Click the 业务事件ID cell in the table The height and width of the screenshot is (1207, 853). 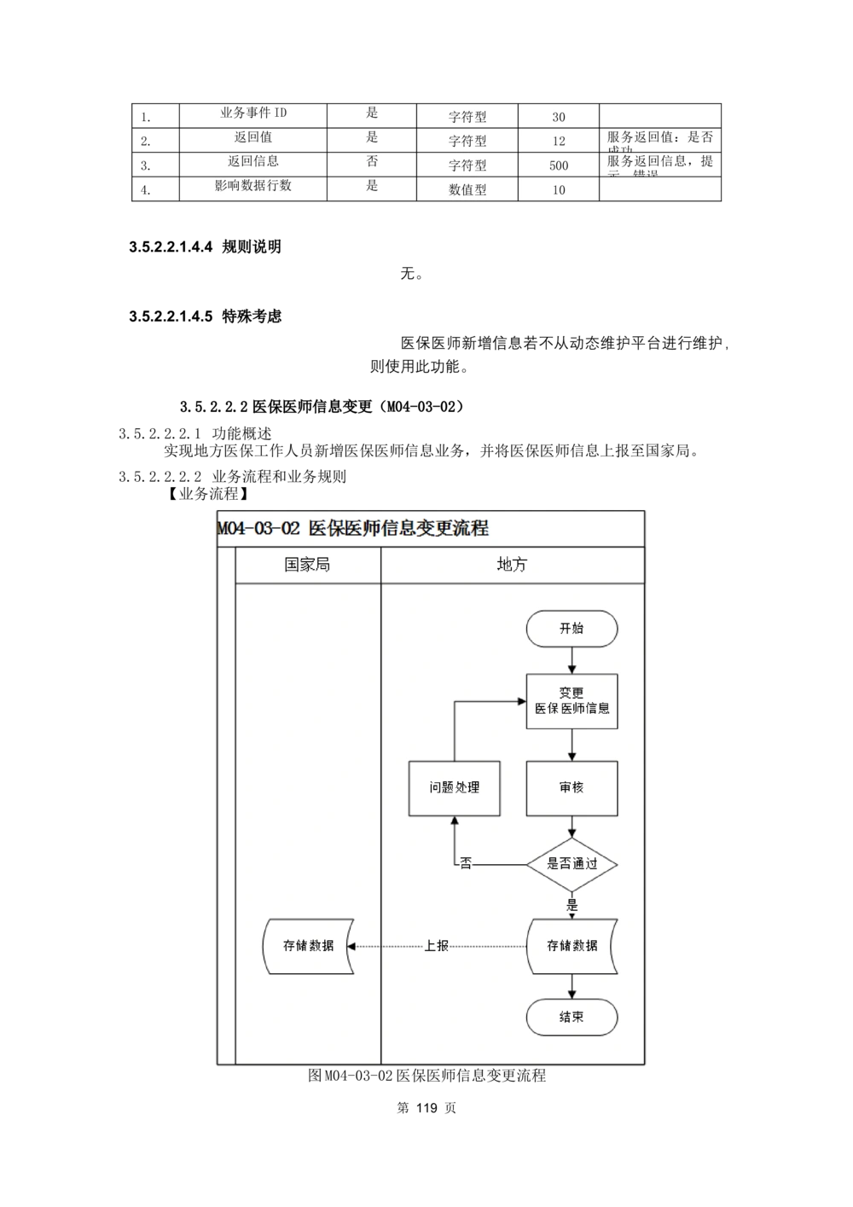point(253,113)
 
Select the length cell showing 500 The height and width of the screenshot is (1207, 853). point(558,165)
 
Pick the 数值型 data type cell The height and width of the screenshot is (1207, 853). point(467,189)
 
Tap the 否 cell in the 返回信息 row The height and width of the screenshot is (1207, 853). point(372,161)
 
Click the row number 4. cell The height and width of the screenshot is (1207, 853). point(146,190)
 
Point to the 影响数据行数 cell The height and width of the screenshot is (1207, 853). point(253,185)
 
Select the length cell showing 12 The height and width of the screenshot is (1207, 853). point(558,141)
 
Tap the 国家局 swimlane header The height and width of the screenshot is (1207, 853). point(307,565)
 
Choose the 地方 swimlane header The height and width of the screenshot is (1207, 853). point(512,565)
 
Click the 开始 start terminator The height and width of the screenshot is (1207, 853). point(572,629)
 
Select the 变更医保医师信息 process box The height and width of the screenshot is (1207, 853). point(572,701)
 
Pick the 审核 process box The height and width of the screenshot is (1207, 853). point(572,787)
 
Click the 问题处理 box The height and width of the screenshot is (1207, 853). point(454,787)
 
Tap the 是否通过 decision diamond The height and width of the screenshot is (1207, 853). point(572,864)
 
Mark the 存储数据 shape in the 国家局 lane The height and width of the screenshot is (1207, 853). point(308,946)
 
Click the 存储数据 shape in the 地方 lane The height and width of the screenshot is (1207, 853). point(572,946)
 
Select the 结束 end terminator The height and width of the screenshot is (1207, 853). point(572,1017)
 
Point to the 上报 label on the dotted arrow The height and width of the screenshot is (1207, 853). point(437,946)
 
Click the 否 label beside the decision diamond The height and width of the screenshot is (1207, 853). point(466,863)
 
